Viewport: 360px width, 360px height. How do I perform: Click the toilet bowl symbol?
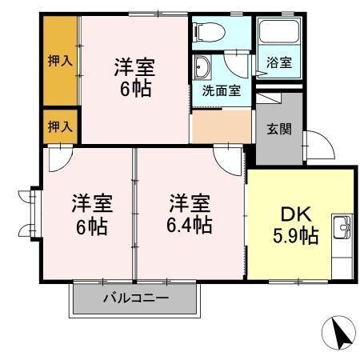coord(210,32)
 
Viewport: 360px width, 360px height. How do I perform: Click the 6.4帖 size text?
coord(190,225)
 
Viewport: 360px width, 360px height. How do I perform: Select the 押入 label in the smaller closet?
coord(60,126)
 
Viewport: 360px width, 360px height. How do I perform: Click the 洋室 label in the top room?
coord(134,66)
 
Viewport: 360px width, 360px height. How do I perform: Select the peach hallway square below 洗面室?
coord(222,125)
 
